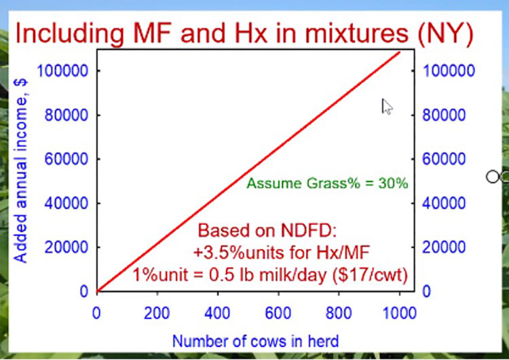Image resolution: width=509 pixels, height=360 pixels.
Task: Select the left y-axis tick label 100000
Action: (62, 71)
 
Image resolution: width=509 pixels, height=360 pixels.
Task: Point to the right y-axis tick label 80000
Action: (444, 115)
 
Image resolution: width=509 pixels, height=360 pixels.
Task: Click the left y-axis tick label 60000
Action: (67, 159)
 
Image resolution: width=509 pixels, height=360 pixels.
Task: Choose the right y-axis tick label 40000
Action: (444, 203)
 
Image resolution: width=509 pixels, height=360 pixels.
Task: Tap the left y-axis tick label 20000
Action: (67, 247)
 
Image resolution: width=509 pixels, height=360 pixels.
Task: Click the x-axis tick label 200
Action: (157, 313)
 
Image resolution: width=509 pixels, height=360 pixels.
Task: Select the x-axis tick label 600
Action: (278, 313)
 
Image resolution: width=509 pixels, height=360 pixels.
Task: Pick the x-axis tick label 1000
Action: (399, 313)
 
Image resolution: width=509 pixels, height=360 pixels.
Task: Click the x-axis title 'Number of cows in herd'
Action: (255, 341)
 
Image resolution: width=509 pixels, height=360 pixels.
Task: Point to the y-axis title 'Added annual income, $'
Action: (20, 170)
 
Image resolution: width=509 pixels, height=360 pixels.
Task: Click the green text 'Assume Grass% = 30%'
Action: (327, 183)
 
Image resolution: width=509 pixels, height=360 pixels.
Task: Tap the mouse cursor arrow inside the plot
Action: (387, 107)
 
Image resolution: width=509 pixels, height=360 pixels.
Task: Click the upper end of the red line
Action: (400, 52)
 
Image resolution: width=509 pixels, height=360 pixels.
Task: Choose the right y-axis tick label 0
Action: (426, 291)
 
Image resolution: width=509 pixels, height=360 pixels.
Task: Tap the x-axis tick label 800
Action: (339, 313)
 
